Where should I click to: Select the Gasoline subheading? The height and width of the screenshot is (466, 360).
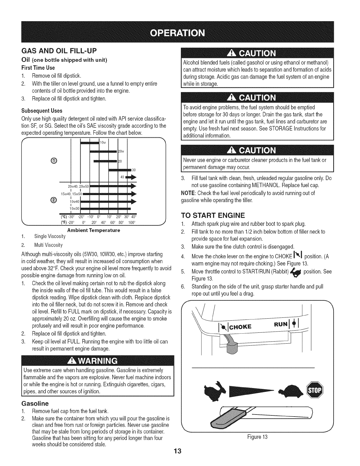(35, 402)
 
